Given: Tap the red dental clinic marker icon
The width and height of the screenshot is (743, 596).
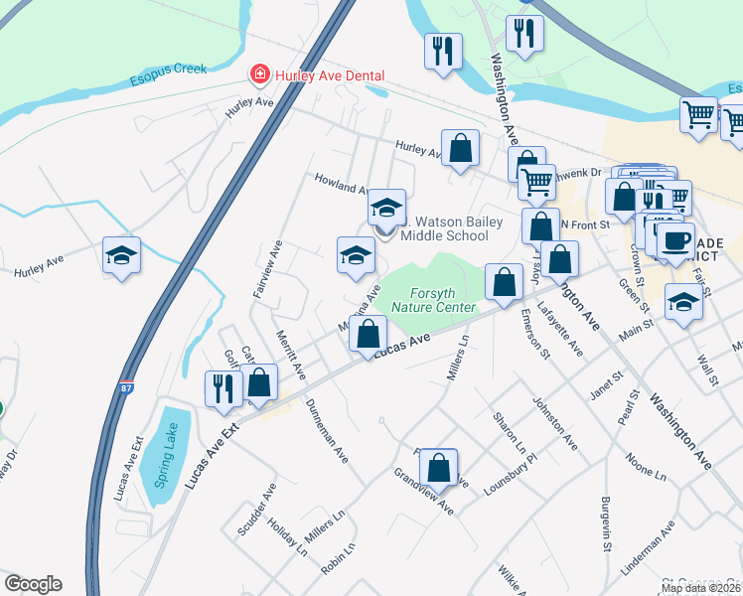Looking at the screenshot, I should click(258, 74).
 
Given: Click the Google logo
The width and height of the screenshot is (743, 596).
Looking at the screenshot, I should click(33, 584).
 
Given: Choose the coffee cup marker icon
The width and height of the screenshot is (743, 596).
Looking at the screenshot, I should click(675, 239).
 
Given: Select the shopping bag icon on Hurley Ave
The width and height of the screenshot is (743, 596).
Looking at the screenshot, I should click(460, 149).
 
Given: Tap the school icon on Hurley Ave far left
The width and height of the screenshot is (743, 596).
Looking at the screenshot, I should click(122, 256).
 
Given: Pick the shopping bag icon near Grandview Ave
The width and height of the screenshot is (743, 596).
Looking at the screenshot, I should click(438, 467).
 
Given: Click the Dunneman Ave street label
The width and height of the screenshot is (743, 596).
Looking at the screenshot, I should click(327, 432).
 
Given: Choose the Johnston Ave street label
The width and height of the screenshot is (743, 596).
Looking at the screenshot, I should click(555, 423).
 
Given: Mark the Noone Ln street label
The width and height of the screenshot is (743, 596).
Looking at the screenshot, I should click(646, 467).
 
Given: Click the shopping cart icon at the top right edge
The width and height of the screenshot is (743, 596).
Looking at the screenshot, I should click(699, 115).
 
